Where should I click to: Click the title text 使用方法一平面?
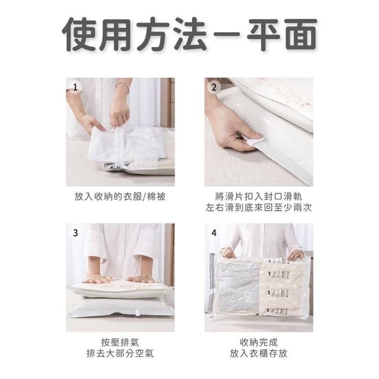pos(189,34)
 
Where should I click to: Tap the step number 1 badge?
pos(75,87)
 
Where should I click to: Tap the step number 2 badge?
pos(214,87)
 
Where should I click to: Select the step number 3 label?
pos(75,233)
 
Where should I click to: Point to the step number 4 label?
pos(214,233)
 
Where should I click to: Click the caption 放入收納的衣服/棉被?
pos(120,197)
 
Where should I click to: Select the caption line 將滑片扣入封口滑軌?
pos(259,197)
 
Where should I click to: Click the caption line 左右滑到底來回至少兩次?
pos(259,208)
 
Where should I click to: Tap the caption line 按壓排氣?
pos(120,342)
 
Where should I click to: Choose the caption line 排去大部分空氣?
pos(120,353)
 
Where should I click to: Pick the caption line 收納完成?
pos(259,342)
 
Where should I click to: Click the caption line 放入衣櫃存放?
pos(259,353)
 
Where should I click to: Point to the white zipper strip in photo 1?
pos(118,147)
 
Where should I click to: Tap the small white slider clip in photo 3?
pos(138,313)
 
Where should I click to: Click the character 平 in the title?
pos(263,34)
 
